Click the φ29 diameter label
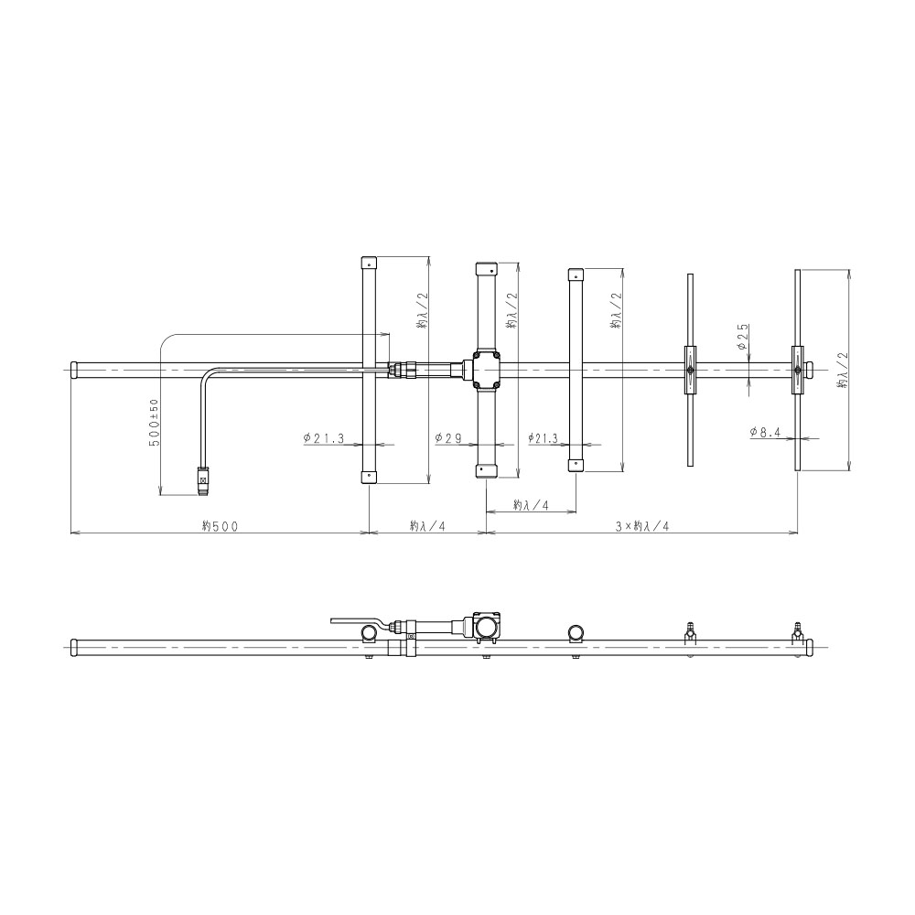click(448, 437)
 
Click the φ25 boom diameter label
click(742, 337)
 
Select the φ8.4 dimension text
click(765, 432)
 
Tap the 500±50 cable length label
click(154, 422)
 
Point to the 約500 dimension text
click(220, 526)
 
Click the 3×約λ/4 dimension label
click(642, 526)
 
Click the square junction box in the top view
click(486, 370)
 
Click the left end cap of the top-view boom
click(75, 370)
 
